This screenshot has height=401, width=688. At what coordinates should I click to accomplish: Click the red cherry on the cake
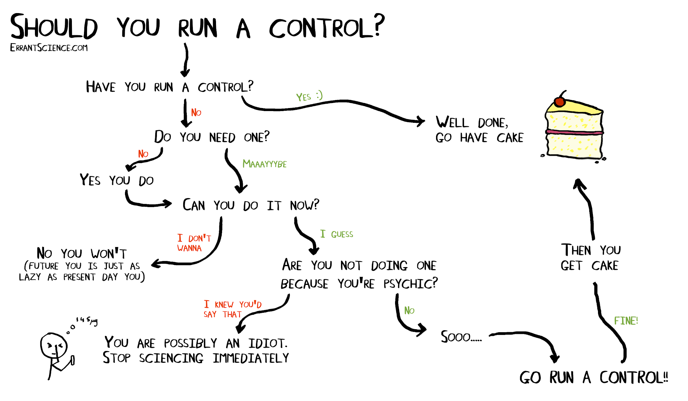click(x=560, y=102)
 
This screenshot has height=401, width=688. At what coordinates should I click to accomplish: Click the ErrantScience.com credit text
click(x=49, y=48)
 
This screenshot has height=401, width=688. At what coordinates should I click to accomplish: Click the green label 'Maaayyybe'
click(x=264, y=164)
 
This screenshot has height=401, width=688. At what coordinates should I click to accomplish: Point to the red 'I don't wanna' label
click(x=193, y=243)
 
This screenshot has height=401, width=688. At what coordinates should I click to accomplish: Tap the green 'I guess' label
click(x=336, y=234)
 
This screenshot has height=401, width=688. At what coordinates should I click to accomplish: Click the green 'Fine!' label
click(x=626, y=321)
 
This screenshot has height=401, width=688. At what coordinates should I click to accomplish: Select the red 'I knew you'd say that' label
click(x=232, y=309)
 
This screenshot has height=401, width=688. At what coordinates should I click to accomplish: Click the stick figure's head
click(x=54, y=346)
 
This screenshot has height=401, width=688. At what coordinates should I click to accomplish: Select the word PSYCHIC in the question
click(x=411, y=284)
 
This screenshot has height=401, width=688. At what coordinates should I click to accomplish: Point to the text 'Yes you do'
click(x=117, y=180)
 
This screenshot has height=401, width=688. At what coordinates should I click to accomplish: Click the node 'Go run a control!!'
click(x=593, y=378)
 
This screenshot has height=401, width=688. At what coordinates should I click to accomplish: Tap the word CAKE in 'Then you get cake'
click(x=605, y=266)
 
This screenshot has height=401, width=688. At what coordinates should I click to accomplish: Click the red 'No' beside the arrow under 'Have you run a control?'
click(x=196, y=113)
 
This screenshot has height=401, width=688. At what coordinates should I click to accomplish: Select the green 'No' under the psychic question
click(x=409, y=311)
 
